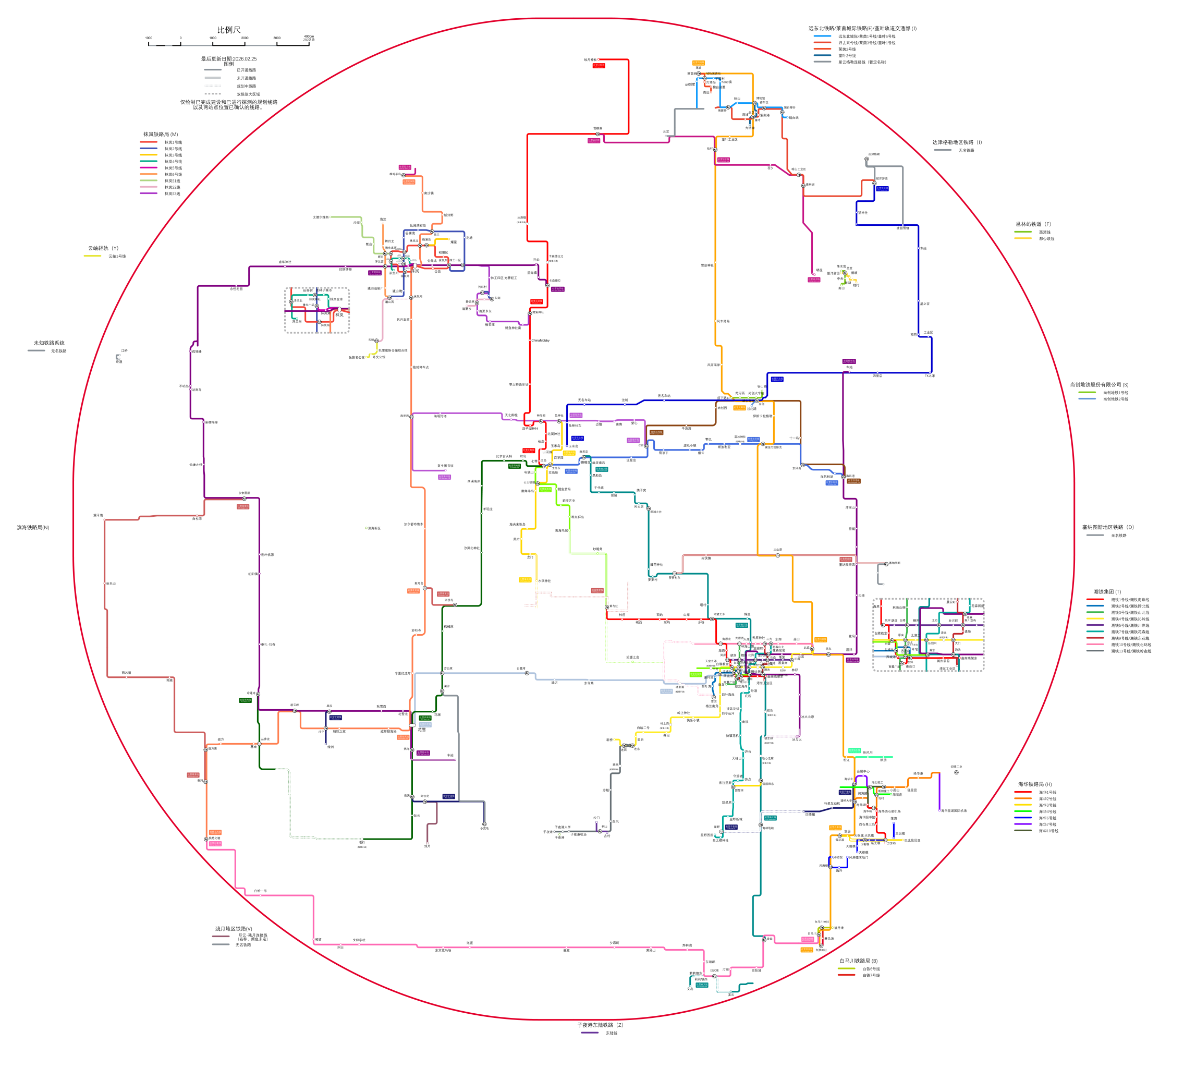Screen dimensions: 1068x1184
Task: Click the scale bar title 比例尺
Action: click(x=228, y=30)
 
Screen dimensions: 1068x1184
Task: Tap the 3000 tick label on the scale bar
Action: click(x=277, y=38)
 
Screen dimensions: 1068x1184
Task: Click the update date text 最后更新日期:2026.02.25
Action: click(x=228, y=59)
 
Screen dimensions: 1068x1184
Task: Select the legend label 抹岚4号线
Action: click(x=173, y=161)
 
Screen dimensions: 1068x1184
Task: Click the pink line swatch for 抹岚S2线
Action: click(x=149, y=187)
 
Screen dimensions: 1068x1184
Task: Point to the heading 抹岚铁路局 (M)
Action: click(x=161, y=135)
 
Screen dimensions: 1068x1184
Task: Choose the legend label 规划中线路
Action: click(x=247, y=86)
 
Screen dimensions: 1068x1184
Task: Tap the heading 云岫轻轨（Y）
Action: click(x=103, y=248)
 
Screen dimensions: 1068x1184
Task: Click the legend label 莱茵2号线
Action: click(x=847, y=50)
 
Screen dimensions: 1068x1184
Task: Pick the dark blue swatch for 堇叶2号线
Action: click(x=822, y=56)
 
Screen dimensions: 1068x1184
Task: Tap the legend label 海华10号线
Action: click(x=1048, y=831)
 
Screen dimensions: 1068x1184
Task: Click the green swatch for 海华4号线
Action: click(x=1023, y=811)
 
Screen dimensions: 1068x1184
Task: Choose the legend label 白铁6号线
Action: click(x=871, y=969)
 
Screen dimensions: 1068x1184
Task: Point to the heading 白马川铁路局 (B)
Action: click(x=858, y=961)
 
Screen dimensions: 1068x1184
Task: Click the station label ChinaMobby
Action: click(x=540, y=341)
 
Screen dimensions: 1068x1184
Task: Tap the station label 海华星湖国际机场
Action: click(x=954, y=811)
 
